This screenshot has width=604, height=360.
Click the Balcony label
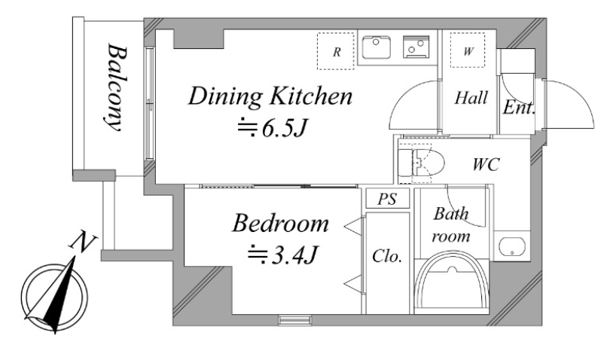click(x=116, y=87)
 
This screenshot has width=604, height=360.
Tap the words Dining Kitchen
click(x=270, y=96)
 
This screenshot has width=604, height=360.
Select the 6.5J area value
click(x=273, y=128)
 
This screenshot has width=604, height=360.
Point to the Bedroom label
click(x=280, y=224)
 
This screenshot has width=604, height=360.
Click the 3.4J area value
click(x=282, y=255)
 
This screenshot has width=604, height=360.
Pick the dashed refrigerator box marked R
click(x=335, y=51)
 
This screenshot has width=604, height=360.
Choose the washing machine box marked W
click(x=468, y=50)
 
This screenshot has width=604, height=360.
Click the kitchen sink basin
click(x=376, y=47)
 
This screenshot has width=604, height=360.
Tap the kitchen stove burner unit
click(x=416, y=47)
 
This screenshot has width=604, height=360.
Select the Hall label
click(x=471, y=98)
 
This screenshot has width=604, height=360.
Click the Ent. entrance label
click(x=519, y=108)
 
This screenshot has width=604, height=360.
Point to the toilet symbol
click(x=420, y=163)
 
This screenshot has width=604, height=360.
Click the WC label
click(x=486, y=164)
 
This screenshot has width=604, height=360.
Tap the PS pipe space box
click(x=388, y=199)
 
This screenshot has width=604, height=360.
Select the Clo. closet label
click(x=387, y=256)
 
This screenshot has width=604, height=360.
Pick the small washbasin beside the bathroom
click(x=512, y=246)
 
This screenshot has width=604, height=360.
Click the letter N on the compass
click(x=83, y=243)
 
